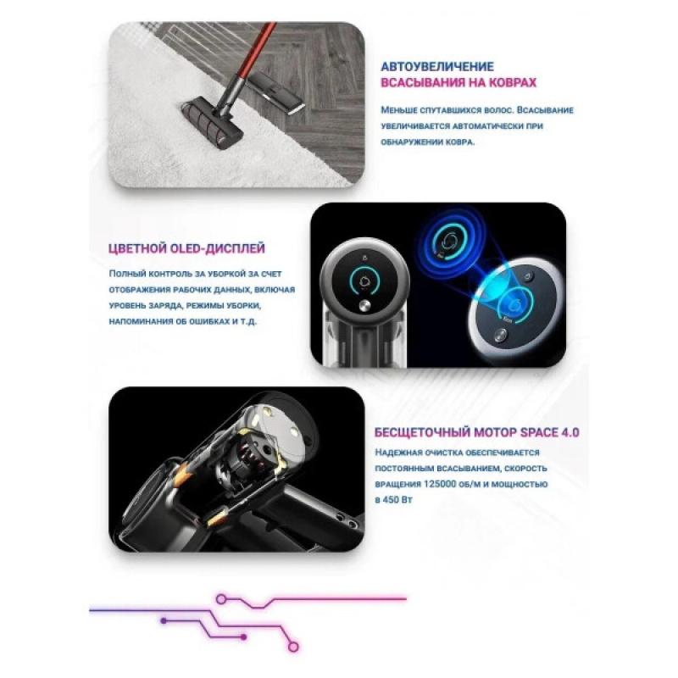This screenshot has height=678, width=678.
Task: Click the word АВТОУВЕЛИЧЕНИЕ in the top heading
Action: (x=437, y=67)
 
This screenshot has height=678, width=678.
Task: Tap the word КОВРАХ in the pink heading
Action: (x=513, y=82)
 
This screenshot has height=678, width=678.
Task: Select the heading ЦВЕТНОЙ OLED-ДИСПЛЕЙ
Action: (x=186, y=248)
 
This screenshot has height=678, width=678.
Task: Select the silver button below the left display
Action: (x=365, y=306)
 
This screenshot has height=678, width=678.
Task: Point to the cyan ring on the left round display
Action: (x=366, y=281)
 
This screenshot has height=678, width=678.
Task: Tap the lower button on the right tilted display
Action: (x=501, y=336)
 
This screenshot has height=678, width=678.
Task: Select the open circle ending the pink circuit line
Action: (x=293, y=647)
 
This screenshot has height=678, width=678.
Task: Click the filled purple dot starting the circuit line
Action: (x=164, y=620)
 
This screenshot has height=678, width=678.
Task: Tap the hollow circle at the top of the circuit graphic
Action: (x=221, y=599)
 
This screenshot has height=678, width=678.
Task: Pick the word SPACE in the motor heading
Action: (x=536, y=432)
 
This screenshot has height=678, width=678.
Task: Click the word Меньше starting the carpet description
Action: (x=397, y=110)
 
